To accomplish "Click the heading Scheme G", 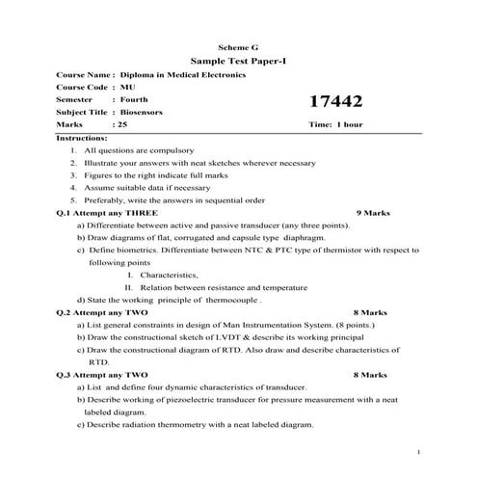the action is click(x=239, y=46).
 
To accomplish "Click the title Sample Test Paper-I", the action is click(x=239, y=60).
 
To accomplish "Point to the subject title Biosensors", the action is click(x=142, y=112).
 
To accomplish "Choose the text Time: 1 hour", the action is click(x=335, y=125).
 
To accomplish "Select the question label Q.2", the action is click(x=66, y=312).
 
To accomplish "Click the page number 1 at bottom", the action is click(x=418, y=451).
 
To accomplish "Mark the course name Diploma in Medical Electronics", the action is click(x=182, y=74).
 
